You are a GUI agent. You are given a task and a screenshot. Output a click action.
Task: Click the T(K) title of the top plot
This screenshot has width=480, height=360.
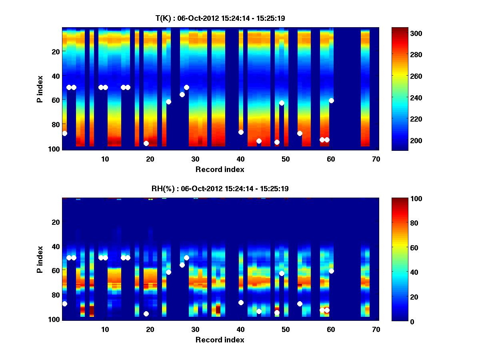[220, 18]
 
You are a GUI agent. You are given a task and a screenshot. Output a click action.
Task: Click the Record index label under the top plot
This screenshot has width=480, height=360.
[220, 169]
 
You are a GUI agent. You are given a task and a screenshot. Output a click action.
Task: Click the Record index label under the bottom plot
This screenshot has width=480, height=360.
[220, 340]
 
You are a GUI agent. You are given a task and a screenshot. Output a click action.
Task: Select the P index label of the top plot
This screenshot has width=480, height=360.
[40, 88]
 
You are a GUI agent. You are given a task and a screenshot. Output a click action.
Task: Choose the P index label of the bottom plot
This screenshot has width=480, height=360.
[40, 259]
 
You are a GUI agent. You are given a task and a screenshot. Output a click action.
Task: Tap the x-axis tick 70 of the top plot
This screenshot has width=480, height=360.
[376, 159]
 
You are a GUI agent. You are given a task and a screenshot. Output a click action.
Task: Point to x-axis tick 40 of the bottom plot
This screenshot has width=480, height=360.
[240, 329]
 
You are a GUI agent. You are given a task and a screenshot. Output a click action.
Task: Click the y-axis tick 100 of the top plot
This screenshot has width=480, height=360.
[55, 149]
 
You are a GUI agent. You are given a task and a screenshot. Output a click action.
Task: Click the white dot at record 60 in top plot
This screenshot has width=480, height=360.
[331, 100]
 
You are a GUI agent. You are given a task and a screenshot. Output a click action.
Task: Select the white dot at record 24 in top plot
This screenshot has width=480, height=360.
[168, 102]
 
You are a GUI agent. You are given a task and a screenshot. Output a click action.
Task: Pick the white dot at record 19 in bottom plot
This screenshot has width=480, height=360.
[146, 314]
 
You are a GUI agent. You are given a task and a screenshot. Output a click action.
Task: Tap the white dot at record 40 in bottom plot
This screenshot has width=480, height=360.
[241, 302]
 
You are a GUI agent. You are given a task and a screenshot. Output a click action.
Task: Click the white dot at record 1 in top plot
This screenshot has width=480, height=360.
[65, 133]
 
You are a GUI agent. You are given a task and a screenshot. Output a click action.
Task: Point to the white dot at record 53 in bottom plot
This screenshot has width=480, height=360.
[300, 304]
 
